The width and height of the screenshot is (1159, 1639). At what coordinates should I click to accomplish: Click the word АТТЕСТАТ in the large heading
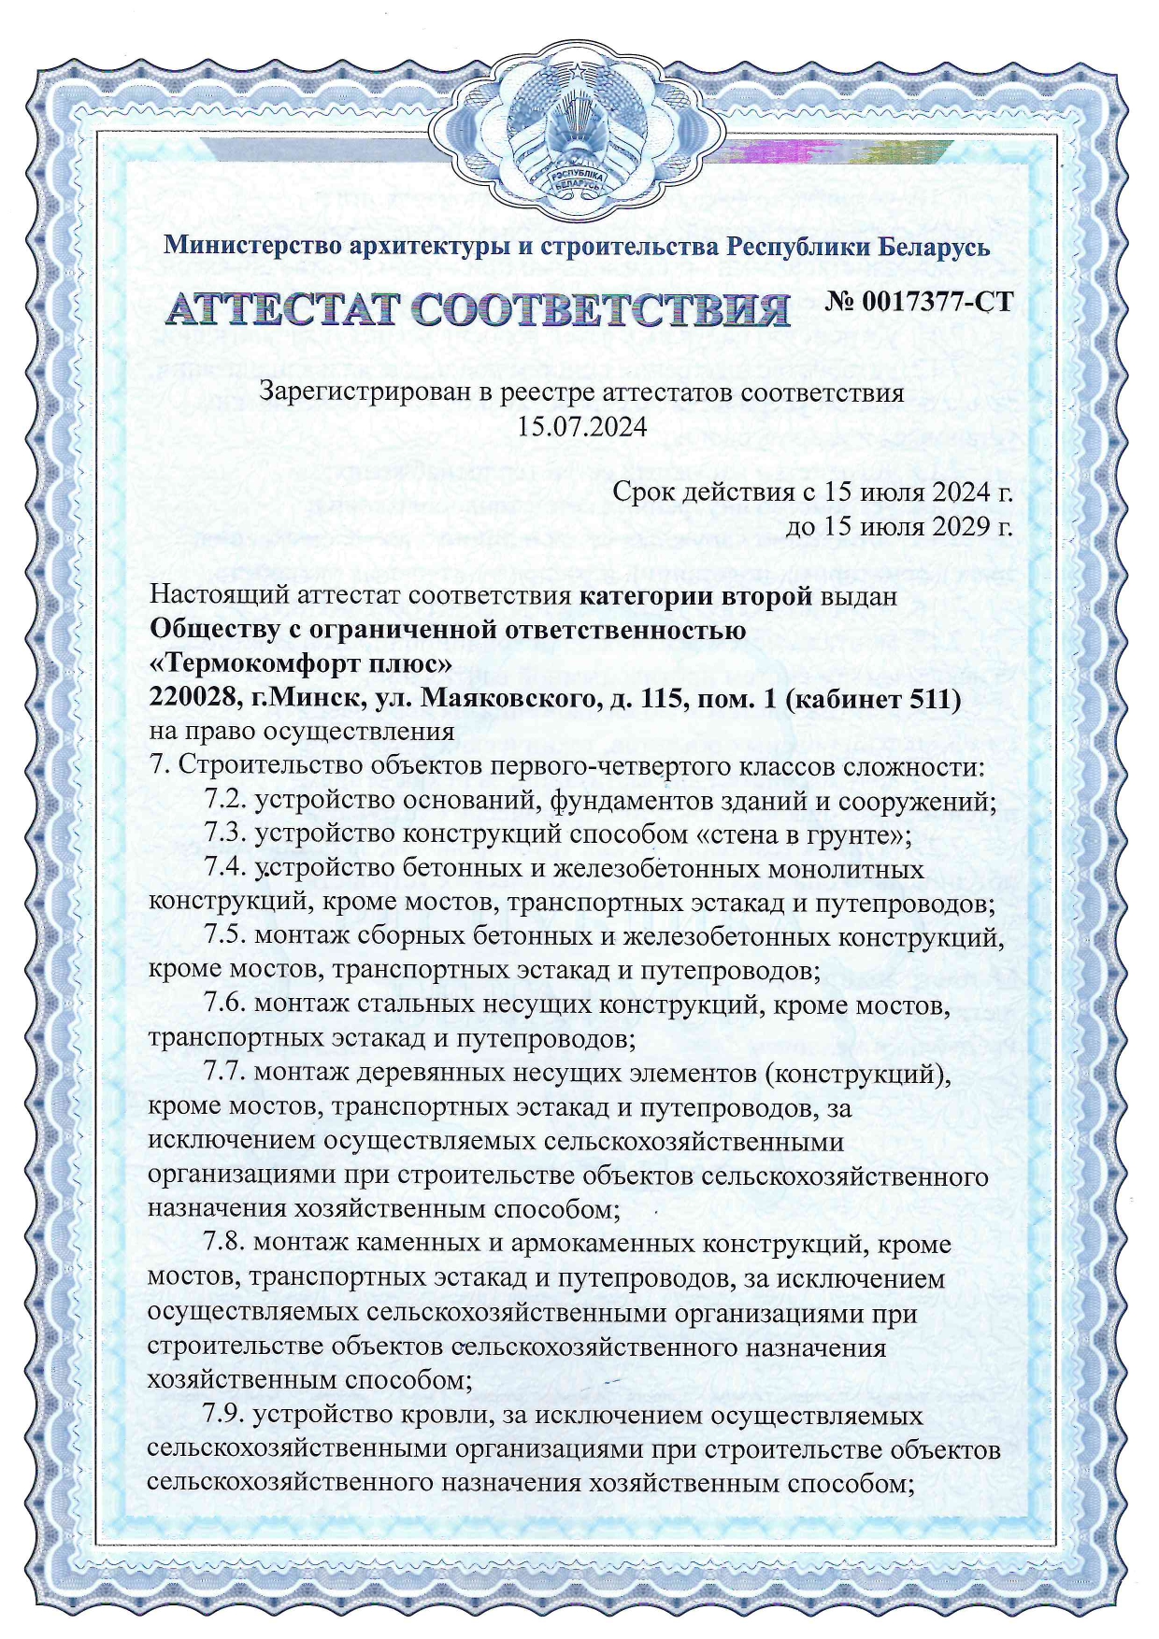point(280,309)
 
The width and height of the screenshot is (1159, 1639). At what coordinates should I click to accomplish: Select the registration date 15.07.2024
point(582,427)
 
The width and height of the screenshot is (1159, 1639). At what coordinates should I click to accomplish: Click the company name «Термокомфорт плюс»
point(302,664)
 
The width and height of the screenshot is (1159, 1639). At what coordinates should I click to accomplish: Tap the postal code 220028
point(191,699)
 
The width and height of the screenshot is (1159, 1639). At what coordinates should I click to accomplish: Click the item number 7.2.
point(224,801)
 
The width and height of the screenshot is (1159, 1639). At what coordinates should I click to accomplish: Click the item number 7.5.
point(224,936)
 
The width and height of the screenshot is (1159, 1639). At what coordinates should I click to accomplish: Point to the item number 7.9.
point(224,1415)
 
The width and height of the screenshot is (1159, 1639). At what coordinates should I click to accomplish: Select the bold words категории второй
point(695,596)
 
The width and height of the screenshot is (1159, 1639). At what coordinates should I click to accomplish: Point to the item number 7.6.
point(224,1005)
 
